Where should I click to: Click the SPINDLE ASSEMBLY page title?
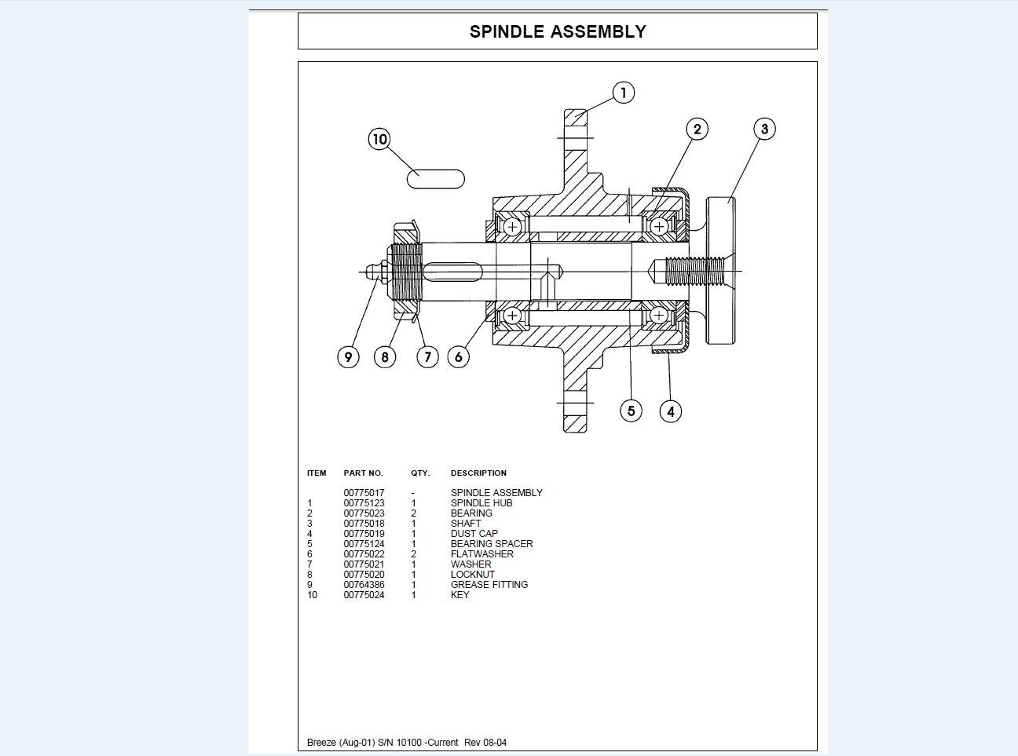[x=558, y=31]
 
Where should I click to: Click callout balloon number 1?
[x=623, y=93]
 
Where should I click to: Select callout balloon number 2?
[x=697, y=129]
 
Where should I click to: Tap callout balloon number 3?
[x=764, y=129]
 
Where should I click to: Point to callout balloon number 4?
[x=670, y=411]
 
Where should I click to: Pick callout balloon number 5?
[x=631, y=411]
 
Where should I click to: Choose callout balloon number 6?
[x=459, y=356]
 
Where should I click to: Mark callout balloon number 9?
[x=348, y=356]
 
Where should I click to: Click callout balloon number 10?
[x=379, y=139]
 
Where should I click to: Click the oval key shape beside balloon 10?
[x=435, y=179]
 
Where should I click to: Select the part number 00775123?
[x=364, y=503]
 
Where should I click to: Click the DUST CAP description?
[x=474, y=534]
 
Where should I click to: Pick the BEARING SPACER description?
[x=492, y=544]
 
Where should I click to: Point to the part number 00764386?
[x=364, y=585]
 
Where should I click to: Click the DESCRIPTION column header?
[x=478, y=473]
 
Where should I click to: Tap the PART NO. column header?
[x=363, y=473]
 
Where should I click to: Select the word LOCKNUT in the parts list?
[x=472, y=575]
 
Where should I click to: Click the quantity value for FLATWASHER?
[x=413, y=554]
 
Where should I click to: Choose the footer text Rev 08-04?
[x=485, y=743]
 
